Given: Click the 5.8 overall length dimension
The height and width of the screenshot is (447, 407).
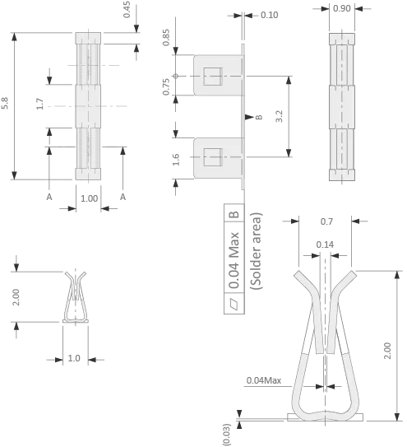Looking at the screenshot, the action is [x=5, y=103].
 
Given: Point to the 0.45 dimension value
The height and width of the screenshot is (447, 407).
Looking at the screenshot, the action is [x=127, y=10].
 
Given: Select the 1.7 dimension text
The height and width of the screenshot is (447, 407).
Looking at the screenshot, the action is [x=39, y=104].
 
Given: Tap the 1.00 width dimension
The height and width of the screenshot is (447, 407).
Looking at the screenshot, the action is [x=89, y=198].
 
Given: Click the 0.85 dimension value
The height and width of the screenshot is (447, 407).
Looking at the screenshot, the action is [x=166, y=37].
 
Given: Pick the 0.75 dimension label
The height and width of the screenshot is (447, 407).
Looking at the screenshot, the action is [x=166, y=86].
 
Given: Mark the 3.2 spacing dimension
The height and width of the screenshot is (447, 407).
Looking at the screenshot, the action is [x=279, y=116].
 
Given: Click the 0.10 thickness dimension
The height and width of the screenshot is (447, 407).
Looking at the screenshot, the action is [x=269, y=15].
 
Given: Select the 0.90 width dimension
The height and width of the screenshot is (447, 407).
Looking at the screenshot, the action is [x=341, y=8].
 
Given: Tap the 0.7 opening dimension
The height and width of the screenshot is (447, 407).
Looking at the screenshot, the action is [x=326, y=221].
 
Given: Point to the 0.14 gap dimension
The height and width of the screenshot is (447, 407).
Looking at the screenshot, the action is [x=325, y=244].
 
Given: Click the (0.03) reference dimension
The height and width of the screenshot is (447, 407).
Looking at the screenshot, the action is [x=226, y=434].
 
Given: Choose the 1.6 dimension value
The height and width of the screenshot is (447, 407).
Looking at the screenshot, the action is [x=176, y=160].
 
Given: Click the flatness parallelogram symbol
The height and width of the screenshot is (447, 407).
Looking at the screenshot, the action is [x=234, y=303].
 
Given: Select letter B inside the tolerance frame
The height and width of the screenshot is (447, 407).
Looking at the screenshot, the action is [x=234, y=214].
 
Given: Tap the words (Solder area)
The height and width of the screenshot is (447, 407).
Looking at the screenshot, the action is [x=256, y=251].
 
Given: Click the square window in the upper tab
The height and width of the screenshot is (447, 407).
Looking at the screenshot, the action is [x=213, y=76].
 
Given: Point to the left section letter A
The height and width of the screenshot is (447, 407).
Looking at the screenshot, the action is [x=49, y=197].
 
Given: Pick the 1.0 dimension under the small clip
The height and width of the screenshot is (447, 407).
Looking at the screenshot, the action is [x=74, y=358].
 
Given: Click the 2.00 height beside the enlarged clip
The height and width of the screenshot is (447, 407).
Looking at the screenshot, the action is [x=387, y=351].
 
